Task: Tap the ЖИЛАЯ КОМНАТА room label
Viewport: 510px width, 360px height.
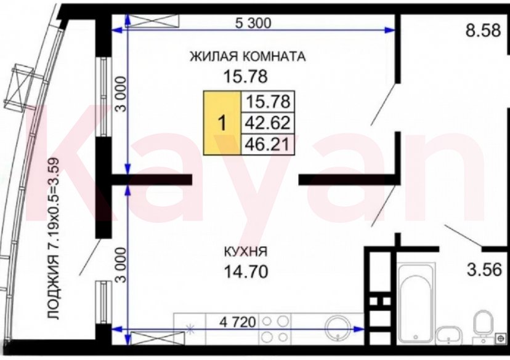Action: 248,57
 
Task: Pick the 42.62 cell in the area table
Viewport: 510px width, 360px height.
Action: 267,122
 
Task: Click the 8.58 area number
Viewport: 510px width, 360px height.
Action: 485,31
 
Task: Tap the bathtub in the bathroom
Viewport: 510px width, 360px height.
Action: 416,302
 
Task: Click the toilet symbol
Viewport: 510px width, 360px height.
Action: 483,326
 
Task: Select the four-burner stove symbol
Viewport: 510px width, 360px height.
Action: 275,329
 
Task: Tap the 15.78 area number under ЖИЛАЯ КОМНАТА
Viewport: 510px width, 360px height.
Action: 247,77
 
